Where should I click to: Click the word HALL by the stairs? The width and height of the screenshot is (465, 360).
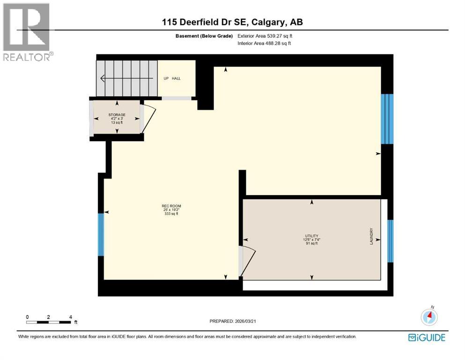(x=176, y=78)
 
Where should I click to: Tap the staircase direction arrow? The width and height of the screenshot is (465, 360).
(x=126, y=78)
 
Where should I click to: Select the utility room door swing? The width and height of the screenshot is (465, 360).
(x=247, y=261)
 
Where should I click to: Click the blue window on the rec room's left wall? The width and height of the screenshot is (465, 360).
(x=100, y=234)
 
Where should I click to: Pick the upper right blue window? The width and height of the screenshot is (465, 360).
(x=387, y=119)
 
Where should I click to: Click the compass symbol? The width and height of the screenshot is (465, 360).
(x=429, y=317)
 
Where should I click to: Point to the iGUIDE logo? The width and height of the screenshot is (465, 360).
(x=427, y=337)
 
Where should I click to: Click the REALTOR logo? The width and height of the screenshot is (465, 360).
(x=27, y=31)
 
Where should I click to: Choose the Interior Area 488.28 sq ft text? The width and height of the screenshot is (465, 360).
(x=264, y=43)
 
